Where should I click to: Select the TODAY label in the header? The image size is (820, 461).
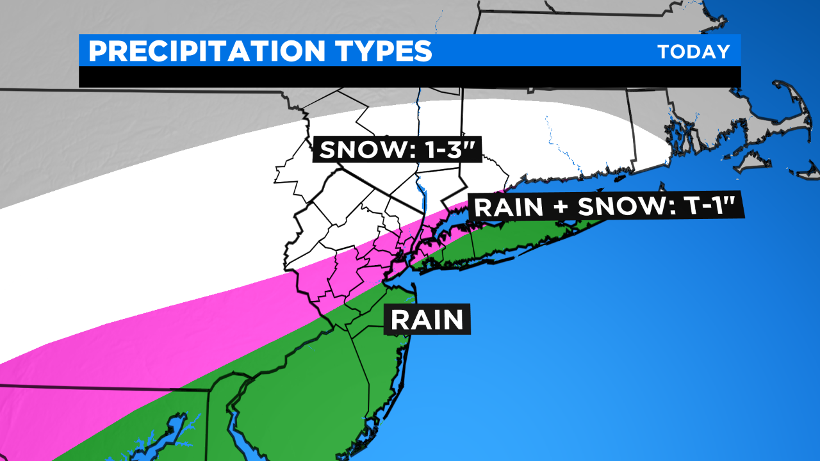point(694,52)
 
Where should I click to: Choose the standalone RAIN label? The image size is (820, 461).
point(427,319)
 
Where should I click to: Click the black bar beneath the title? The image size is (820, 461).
point(410,76)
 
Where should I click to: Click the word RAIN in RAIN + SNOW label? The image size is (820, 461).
point(508,206)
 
